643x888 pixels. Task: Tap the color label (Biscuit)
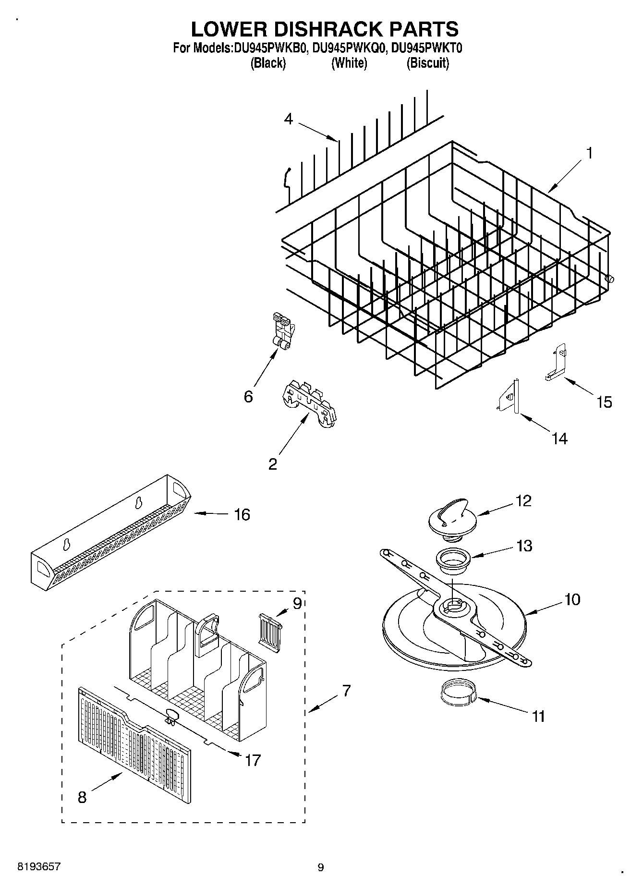[427, 63]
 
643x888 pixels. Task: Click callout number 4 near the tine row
[288, 119]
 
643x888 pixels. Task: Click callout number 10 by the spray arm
[572, 599]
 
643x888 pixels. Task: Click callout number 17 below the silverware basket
[253, 760]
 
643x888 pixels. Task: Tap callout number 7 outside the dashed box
[346, 691]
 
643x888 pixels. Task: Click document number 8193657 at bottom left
[39, 867]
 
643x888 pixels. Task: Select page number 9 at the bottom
[321, 867]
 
